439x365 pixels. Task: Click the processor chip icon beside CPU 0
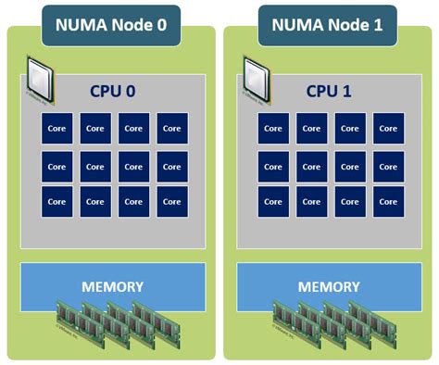39,77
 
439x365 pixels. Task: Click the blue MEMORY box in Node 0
113,286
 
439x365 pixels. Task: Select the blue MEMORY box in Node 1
329,286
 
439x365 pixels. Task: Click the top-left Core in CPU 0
57,129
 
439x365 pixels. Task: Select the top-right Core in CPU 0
171,129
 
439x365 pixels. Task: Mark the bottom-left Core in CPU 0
57,202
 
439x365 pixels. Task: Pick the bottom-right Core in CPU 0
171,202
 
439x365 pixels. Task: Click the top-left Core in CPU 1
273,129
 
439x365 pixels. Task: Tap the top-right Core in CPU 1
387,129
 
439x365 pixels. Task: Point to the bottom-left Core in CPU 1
273,202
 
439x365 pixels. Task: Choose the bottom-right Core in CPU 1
387,202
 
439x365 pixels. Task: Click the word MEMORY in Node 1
329,286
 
